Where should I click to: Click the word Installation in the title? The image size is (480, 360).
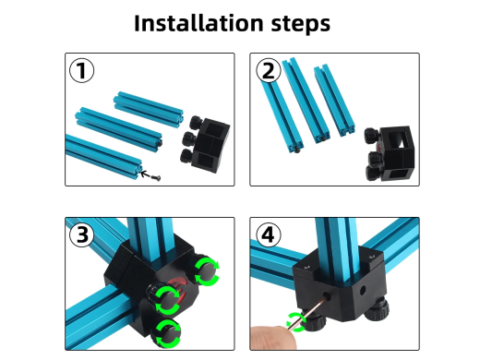coord(198,23)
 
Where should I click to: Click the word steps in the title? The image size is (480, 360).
coord(300,24)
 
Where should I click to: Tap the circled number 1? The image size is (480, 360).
coord(82,70)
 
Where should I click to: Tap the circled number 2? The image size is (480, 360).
coord(269,70)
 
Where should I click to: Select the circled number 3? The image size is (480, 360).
coord(82,234)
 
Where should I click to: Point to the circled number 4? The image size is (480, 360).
coord(269,234)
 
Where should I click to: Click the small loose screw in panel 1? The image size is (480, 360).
coord(156,177)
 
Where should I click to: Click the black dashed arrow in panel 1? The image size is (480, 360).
coord(146,174)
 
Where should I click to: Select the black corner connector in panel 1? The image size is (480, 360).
coord(205,144)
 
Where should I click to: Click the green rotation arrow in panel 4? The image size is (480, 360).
coord(295,322)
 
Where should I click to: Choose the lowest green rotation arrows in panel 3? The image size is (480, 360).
coord(168,333)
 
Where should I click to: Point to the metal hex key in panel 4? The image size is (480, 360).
coord(308,311)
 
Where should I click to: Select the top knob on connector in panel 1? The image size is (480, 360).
coord(196,123)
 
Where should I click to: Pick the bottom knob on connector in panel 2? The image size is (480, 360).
coord(374,173)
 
